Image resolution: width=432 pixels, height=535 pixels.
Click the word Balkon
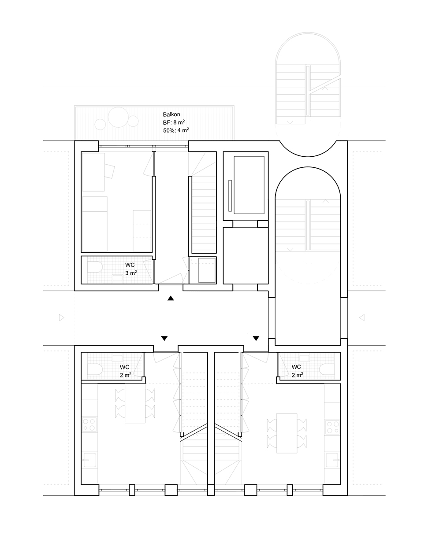pyautogui.click(x=171, y=114)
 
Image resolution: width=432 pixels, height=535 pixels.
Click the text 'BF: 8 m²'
pyautogui.click(x=174, y=122)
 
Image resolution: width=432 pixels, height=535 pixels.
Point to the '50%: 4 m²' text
pyautogui.click(x=176, y=130)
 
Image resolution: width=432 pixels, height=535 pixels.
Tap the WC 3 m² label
pyautogui.click(x=130, y=269)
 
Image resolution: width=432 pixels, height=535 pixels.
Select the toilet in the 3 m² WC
pyautogui.click(x=95, y=267)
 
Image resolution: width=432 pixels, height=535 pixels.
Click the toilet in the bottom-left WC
pyautogui.click(x=95, y=370)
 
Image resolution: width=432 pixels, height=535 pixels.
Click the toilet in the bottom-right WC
pyautogui.click(x=327, y=370)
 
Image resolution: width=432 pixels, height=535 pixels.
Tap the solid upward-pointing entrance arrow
pyautogui.click(x=171, y=298)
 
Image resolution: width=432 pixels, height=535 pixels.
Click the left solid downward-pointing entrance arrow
pyautogui.click(x=164, y=338)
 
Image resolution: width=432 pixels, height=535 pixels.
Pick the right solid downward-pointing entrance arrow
pyautogui.click(x=256, y=338)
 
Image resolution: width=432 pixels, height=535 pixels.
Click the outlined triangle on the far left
pyautogui.click(x=61, y=318)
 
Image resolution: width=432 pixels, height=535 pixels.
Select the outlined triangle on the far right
pyautogui.click(x=362, y=318)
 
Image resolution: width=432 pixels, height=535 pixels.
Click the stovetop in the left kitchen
pyautogui.click(x=89, y=424)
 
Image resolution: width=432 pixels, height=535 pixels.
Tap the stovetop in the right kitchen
pyautogui.click(x=333, y=427)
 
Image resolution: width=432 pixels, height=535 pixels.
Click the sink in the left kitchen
pyautogui.click(x=89, y=460)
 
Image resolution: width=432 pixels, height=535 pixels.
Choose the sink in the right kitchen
pyautogui.click(x=333, y=460)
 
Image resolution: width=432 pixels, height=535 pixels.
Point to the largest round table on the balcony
pyautogui.click(x=118, y=117)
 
